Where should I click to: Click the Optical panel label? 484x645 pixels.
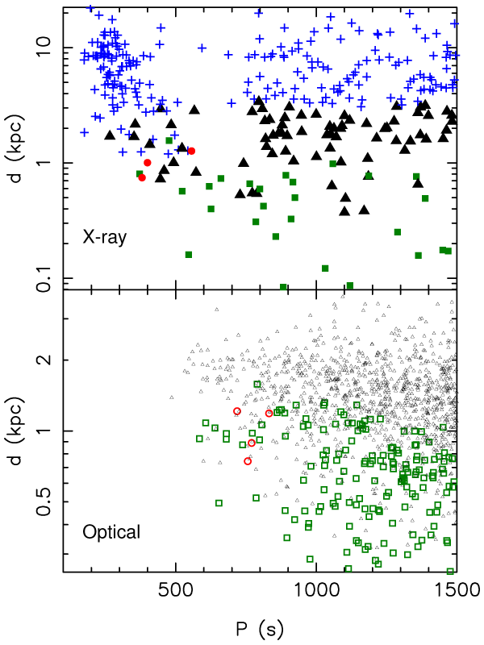(111, 531)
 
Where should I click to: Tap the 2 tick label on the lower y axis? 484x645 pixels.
(49, 360)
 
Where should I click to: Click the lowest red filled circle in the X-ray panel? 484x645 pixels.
(142, 177)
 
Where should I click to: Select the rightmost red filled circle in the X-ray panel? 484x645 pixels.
(192, 151)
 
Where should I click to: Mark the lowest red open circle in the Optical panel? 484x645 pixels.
(248, 461)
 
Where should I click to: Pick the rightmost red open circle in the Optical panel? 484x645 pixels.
(269, 414)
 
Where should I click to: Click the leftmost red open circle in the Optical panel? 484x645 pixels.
(237, 411)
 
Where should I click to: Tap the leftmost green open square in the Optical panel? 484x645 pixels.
(199, 439)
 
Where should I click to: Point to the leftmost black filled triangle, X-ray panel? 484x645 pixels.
(110, 135)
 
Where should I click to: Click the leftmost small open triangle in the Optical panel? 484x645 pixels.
(171, 397)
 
